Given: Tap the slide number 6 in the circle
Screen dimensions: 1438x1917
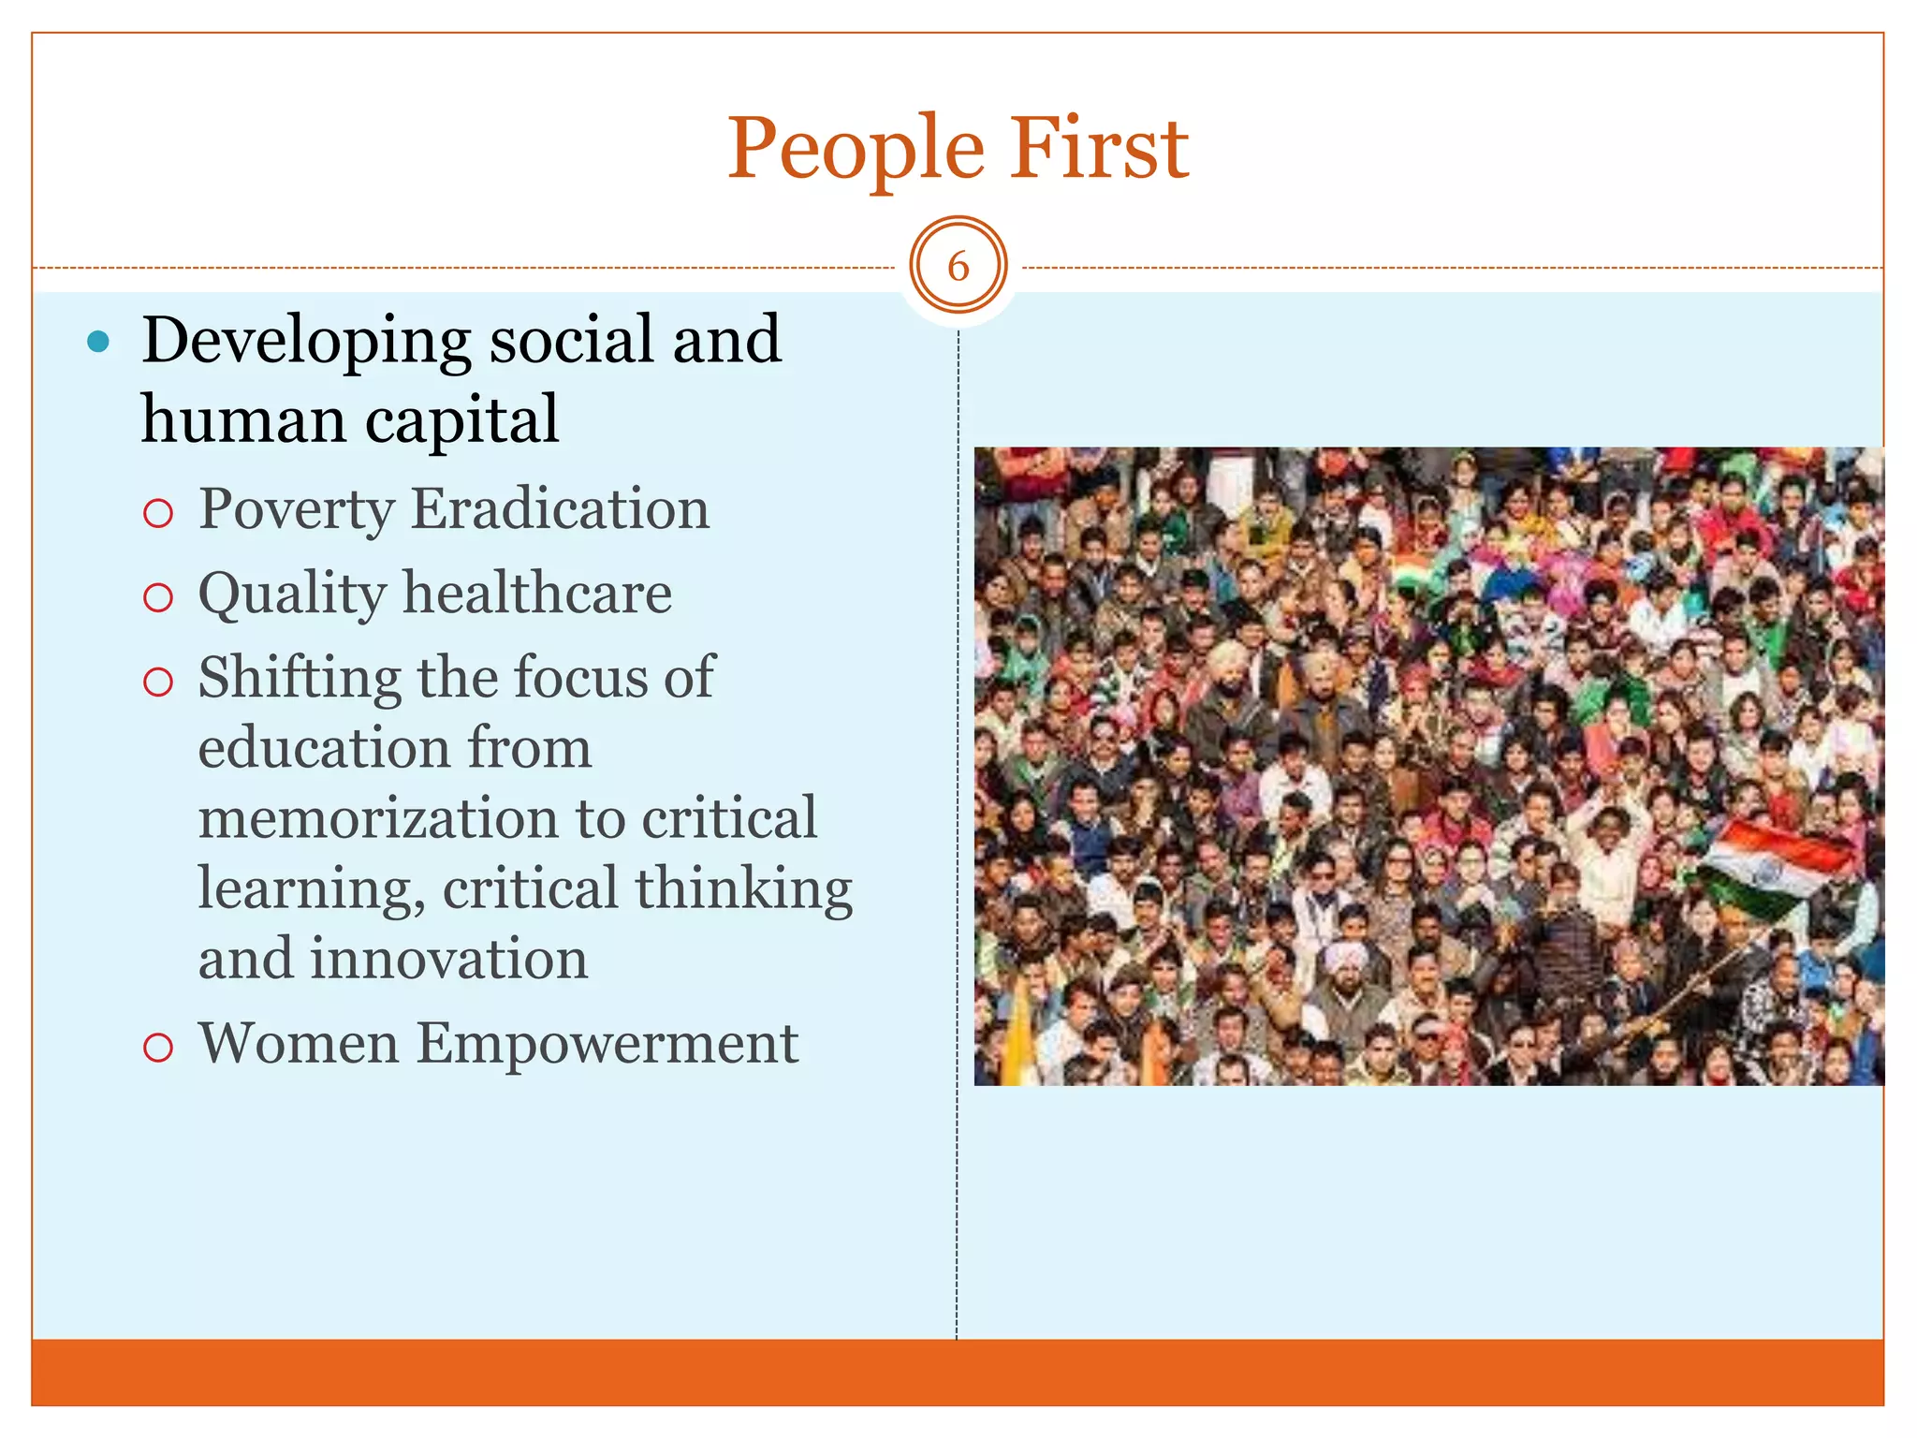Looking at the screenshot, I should [958, 267].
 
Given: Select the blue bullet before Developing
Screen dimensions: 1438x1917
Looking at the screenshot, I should [97, 343].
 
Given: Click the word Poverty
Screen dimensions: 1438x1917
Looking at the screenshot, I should [297, 511].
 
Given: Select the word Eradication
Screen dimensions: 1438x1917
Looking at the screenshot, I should [560, 509].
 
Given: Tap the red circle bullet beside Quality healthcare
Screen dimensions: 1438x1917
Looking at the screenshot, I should [158, 597].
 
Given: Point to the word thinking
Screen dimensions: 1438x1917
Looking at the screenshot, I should [744, 888].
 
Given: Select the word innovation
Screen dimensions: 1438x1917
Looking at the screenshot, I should [448, 960].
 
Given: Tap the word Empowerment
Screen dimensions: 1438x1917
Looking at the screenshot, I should [607, 1045].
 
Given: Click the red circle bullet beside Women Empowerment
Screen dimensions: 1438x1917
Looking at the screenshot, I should [158, 1047].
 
